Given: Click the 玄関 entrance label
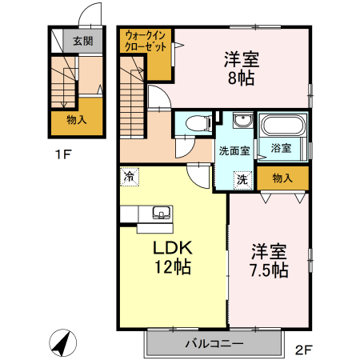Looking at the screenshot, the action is tap(83, 41).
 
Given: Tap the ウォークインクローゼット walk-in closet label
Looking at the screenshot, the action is tap(146, 41).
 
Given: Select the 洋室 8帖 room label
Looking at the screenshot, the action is tap(242, 69).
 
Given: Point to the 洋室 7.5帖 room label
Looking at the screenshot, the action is tap(269, 261).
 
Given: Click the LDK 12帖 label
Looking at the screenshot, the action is tap(173, 258).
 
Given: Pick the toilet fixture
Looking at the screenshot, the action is tap(199, 123).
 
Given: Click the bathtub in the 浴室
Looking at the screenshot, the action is tap(283, 126).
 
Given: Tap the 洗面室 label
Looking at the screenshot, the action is tap(234, 151).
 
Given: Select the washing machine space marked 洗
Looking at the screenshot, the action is tap(242, 180).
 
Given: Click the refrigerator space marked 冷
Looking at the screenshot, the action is tap(130, 176).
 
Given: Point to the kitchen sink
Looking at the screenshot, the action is tap(162, 213).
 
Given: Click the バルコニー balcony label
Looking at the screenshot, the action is tap(214, 343).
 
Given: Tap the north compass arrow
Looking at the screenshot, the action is tap(63, 342).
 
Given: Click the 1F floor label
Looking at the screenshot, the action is tap(63, 154).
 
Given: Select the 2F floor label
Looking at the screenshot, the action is tap(303, 350).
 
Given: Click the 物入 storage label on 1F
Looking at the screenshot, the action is tap(77, 120).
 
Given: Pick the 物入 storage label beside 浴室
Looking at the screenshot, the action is tap(282, 178).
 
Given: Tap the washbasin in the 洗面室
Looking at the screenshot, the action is tap(242, 120).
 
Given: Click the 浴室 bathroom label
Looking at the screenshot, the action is tap(281, 148).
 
